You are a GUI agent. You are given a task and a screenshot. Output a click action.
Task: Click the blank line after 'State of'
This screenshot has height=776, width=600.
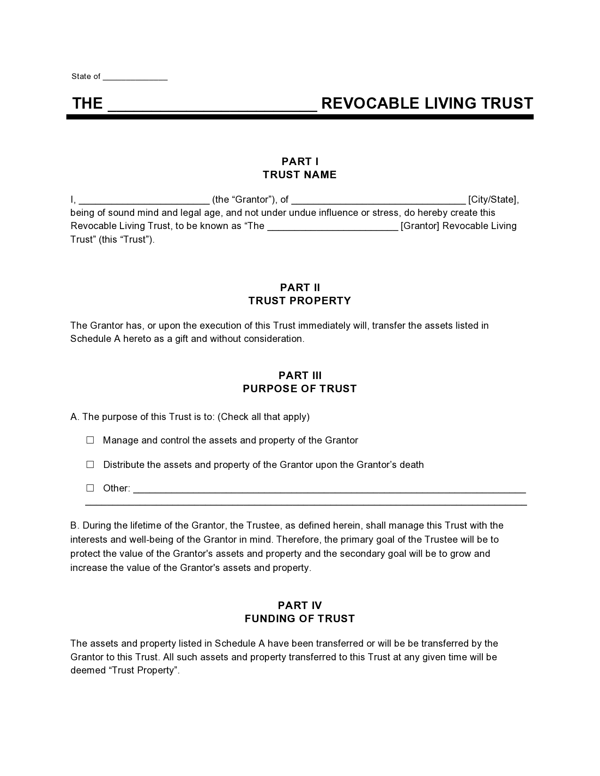tap(135, 77)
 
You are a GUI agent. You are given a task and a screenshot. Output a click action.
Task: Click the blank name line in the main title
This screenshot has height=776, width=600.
tap(212, 104)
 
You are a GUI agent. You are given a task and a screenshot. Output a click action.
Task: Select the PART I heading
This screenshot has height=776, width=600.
tap(300, 162)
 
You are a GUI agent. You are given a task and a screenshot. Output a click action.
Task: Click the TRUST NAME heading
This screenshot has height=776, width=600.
tap(300, 175)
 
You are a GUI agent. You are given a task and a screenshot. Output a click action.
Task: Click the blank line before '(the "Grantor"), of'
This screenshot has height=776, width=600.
tap(144, 200)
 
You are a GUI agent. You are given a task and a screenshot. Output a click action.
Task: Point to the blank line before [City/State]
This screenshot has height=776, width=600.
tap(378, 200)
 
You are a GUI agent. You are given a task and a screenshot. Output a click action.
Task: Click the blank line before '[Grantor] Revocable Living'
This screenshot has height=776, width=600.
tap(333, 227)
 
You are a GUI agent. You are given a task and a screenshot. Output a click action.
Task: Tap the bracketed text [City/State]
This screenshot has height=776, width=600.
tap(493, 199)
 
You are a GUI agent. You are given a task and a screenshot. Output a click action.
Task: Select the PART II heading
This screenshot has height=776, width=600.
tap(300, 287)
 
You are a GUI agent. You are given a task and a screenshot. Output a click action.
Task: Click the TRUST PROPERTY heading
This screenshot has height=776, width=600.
tap(300, 301)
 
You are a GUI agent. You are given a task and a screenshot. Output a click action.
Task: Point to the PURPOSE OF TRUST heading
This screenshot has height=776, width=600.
tap(300, 388)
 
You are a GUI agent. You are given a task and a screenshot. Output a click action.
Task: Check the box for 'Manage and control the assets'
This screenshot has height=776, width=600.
tap(90, 440)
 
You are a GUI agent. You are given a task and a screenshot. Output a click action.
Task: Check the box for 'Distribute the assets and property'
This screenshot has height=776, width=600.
tap(90, 465)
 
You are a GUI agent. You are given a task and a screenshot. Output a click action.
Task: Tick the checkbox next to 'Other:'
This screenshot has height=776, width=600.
tap(90, 488)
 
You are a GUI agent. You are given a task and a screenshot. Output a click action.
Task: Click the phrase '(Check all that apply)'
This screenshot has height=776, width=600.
tap(264, 417)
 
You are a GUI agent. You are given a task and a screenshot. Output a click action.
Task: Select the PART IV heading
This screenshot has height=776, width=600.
tap(300, 605)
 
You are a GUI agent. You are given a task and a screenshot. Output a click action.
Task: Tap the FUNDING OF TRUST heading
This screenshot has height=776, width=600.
tap(300, 618)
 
